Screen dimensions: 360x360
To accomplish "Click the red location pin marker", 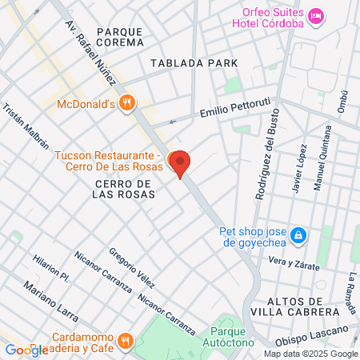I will pyautogui.click(x=181, y=163).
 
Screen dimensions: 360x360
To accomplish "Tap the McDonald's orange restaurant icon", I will pyautogui.click(x=126, y=102).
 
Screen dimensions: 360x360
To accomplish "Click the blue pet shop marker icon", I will pyautogui.click(x=298, y=235).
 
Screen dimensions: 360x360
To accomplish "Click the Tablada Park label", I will pyautogui.click(x=194, y=62).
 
